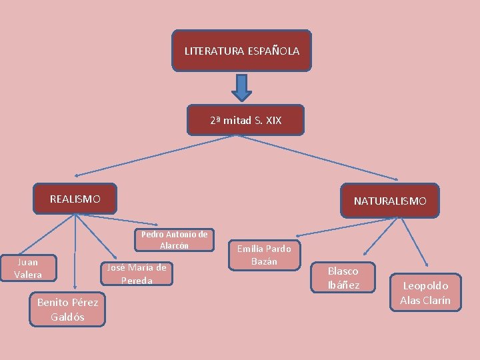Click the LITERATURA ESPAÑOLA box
[x=241, y=51]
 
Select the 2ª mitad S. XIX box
[x=245, y=120]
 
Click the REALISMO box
[x=75, y=199]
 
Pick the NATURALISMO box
[x=390, y=201]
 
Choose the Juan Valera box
[x=28, y=269]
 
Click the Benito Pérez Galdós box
[x=67, y=309]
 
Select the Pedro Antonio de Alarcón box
[x=174, y=240]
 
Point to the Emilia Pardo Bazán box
[x=264, y=255]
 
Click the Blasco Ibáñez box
[x=343, y=278]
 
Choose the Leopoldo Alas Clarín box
[x=425, y=293]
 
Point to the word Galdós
[x=67, y=317]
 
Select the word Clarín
[x=435, y=300]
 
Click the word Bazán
[x=264, y=261]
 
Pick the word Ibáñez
[x=343, y=285]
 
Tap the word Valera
[x=28, y=275]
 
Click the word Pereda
[x=137, y=281]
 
